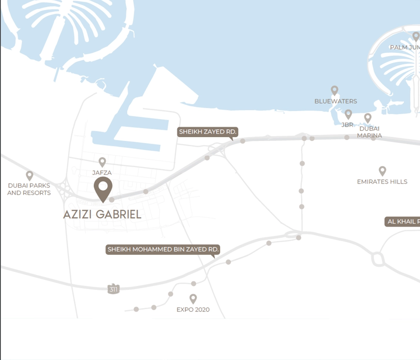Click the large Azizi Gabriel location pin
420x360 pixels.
coord(103,188)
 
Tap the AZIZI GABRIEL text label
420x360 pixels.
coord(102,214)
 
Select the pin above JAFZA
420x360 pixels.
coord(102,162)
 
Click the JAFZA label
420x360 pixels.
coord(102,172)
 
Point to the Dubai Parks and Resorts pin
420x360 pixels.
coord(29,175)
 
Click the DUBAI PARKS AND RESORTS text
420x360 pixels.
coord(29,189)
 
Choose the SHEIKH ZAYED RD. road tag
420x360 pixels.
coord(207,132)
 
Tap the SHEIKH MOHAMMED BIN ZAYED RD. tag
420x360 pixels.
coord(163,250)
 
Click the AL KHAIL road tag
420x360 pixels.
coord(402,222)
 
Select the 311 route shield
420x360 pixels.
coord(113,289)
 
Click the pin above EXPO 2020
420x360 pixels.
coord(193,298)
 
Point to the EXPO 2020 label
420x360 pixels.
coord(193,310)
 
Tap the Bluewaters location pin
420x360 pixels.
coord(334,90)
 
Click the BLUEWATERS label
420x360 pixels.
coord(336,101)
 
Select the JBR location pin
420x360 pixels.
coord(348,114)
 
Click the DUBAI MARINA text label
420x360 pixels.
coord(370,132)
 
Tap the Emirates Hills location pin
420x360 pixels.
coord(382,170)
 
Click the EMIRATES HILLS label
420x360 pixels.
coord(382,182)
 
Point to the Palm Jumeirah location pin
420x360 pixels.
coord(416,36)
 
